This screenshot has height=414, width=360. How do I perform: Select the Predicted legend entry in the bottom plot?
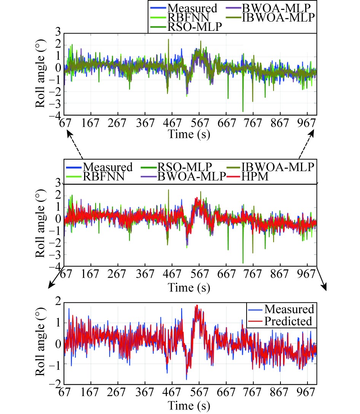click(288, 321)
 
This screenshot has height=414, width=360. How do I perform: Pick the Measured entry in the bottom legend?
click(289, 309)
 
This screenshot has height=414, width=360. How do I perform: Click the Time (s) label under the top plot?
click(189, 135)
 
